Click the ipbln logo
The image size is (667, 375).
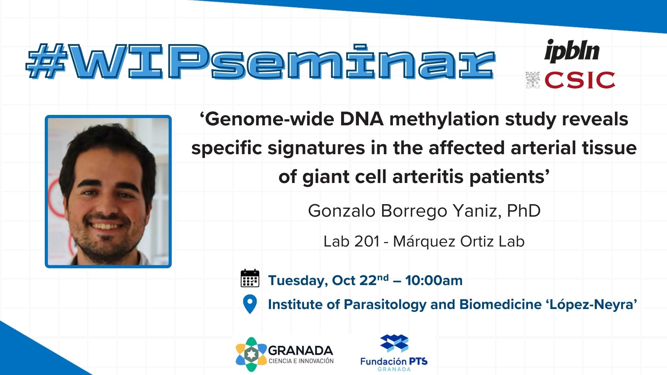click(572, 51)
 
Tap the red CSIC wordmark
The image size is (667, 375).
click(580, 80)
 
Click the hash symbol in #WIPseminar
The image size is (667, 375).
click(47, 61)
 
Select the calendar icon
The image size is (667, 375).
click(250, 278)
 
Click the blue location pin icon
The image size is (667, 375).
click(250, 304)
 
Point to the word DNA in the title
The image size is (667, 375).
click(362, 119)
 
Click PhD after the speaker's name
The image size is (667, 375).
click(524, 210)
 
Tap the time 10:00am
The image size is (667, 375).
click(434, 281)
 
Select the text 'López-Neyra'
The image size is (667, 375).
click(592, 305)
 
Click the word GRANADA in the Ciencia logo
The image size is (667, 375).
click(300, 351)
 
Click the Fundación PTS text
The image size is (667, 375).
click(394, 361)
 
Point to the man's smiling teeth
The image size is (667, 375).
click(106, 226)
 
